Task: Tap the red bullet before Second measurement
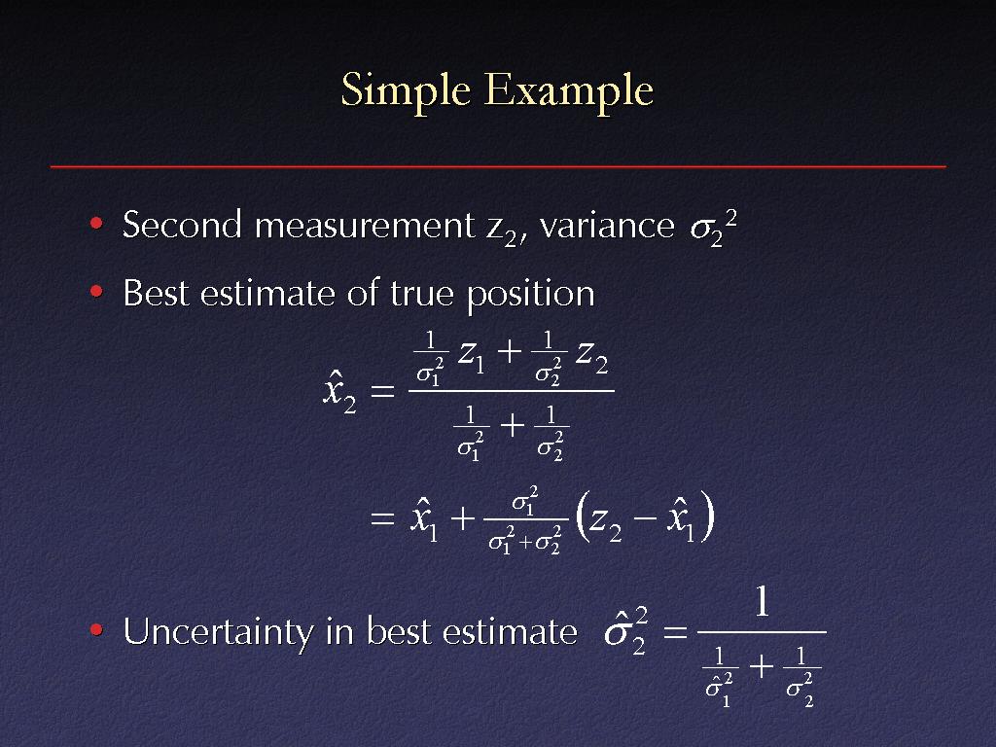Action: click(96, 223)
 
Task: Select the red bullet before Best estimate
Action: click(96, 292)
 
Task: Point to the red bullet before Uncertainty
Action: click(96, 630)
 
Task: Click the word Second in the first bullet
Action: click(182, 225)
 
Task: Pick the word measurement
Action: click(365, 226)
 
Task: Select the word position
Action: click(531, 295)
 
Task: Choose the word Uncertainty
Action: click(218, 632)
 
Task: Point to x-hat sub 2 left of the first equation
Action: click(339, 392)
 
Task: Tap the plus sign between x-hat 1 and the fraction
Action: click(462, 519)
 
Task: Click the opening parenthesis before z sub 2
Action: click(581, 517)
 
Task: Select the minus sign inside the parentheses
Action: click(644, 519)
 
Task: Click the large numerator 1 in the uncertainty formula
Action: click(763, 601)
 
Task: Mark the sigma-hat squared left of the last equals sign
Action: click(626, 631)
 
